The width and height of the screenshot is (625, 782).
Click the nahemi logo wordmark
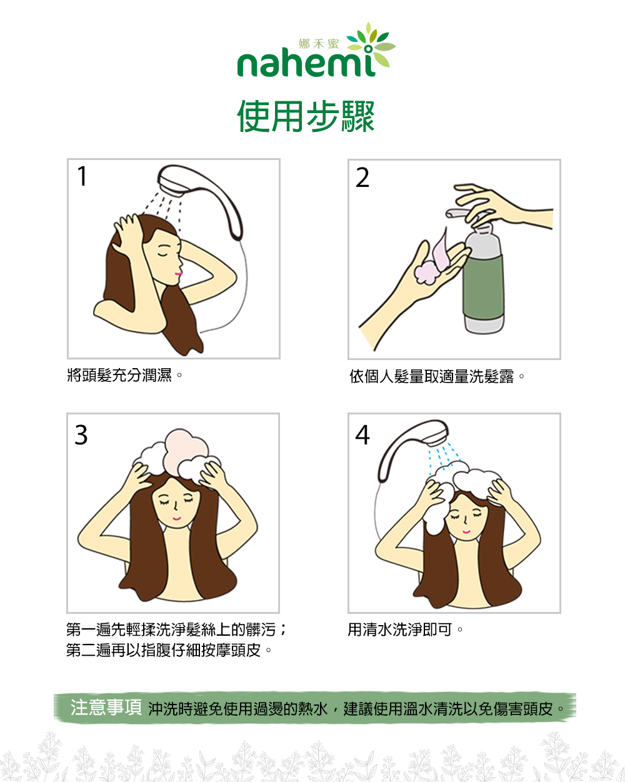point(306,64)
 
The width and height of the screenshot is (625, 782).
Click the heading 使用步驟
point(306,116)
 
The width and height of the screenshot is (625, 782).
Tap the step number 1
point(82,176)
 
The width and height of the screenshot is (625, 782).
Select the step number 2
point(362,178)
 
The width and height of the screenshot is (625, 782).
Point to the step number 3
point(81,435)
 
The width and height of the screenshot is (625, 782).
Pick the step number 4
point(362,435)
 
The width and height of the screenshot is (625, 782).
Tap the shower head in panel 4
point(413,450)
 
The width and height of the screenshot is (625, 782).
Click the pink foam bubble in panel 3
point(186,453)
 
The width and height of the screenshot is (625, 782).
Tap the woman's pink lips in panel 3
point(176,518)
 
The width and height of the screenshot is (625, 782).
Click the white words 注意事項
point(106,707)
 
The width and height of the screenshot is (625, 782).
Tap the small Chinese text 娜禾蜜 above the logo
point(319,44)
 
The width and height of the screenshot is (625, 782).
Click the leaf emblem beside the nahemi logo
point(371,46)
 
